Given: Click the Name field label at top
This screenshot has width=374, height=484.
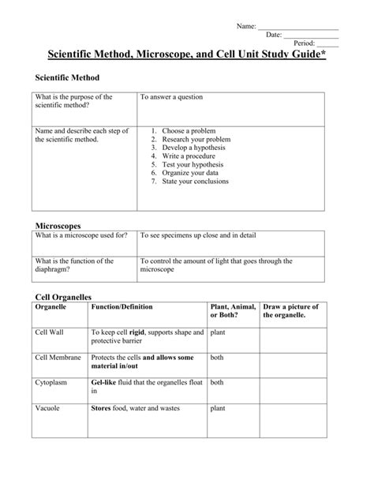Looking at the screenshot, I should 246,27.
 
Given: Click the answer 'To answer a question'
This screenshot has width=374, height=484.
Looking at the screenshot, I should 171,97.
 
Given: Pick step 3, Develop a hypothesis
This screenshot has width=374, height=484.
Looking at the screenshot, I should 193,147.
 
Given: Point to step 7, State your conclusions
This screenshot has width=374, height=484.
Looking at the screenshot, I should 195,181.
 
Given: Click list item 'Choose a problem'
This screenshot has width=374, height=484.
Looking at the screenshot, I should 188,130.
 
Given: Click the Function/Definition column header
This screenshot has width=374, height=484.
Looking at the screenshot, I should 122,306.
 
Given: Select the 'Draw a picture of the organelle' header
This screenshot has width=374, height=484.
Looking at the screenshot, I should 290,310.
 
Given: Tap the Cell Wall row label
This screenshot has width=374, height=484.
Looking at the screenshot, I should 50,332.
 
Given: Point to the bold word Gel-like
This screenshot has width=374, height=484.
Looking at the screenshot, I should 106,383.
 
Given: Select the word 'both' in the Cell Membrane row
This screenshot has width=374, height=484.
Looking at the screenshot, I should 217,358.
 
